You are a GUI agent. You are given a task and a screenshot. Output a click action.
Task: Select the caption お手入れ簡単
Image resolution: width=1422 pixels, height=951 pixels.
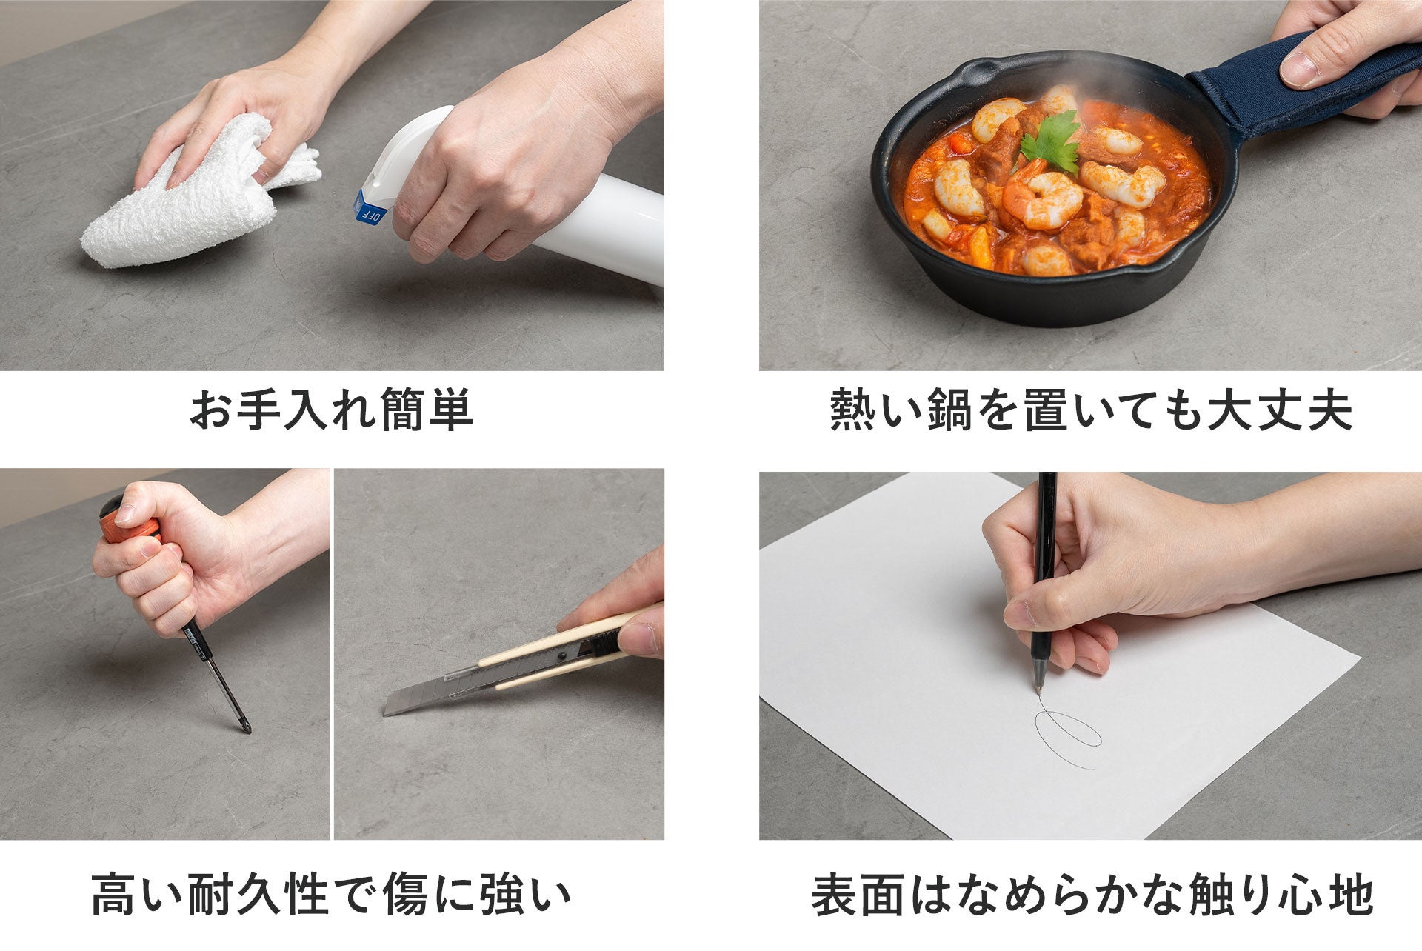pyautogui.click(x=331, y=411)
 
